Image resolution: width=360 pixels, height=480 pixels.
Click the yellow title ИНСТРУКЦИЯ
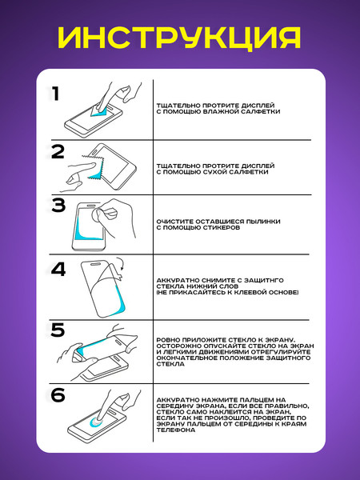tap(180, 38)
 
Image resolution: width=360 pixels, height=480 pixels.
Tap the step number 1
tap(56, 95)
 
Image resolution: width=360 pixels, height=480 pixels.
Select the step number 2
tap(58, 153)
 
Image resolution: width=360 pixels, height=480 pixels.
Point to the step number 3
tap(58, 206)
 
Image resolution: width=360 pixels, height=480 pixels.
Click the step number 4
tap(58, 270)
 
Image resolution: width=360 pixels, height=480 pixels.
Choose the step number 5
tap(58, 330)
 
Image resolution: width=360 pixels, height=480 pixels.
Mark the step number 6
tap(58, 394)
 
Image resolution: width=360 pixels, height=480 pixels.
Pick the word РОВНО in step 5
tap(170, 339)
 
